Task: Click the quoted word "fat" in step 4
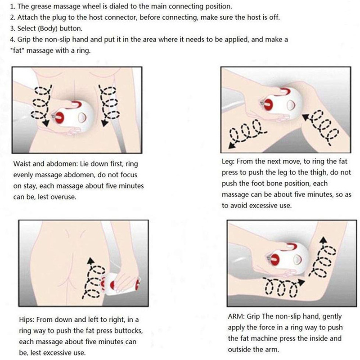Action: point(18,50)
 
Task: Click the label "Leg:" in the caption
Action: point(228,162)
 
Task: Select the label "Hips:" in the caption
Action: point(27,319)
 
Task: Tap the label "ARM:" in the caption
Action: point(236,316)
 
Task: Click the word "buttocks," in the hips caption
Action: point(129,331)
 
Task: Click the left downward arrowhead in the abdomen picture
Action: point(46,123)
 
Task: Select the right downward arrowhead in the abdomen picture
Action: point(105,123)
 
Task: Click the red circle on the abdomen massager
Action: point(60,118)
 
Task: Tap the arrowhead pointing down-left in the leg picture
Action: point(232,145)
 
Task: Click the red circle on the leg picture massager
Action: point(268,104)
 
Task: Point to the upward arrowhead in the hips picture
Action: point(91,261)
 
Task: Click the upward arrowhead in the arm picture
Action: point(323,240)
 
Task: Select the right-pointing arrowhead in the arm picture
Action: point(301,282)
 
